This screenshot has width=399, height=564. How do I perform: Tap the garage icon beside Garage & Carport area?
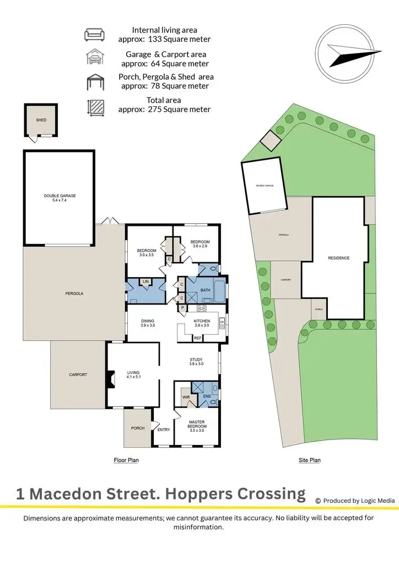(94, 58)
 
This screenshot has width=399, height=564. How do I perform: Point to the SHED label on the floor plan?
(41, 120)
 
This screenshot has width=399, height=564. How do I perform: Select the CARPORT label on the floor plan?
(78, 375)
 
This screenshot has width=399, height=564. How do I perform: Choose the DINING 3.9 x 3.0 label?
(147, 323)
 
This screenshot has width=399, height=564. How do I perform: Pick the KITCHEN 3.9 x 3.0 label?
(202, 323)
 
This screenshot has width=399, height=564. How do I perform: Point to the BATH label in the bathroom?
(206, 290)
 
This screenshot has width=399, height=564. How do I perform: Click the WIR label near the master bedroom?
(185, 397)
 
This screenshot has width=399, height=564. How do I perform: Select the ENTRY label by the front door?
(164, 430)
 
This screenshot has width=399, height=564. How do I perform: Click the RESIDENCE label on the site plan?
(338, 258)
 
